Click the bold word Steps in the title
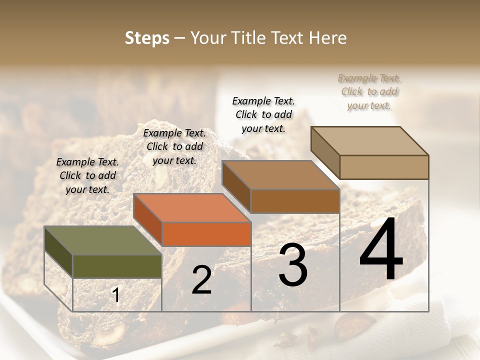(x=147, y=38)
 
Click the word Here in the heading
(x=327, y=38)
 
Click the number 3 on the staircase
(x=293, y=265)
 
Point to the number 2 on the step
(x=201, y=280)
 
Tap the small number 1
(x=116, y=295)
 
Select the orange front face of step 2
(x=206, y=234)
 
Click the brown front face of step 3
(x=295, y=201)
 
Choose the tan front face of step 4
(x=384, y=167)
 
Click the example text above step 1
(x=87, y=175)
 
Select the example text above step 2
(x=174, y=146)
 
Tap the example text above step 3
(x=263, y=114)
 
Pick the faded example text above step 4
(x=369, y=91)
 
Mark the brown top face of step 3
(x=280, y=175)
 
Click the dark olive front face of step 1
(x=117, y=266)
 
